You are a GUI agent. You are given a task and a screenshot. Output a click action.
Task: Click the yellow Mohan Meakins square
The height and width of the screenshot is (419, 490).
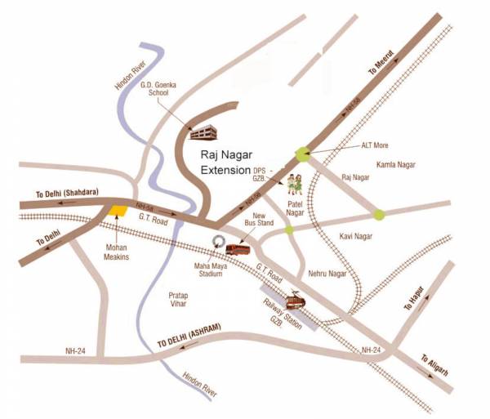point(119,211)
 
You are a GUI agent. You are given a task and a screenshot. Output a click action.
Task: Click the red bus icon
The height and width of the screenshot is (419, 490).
point(238,247)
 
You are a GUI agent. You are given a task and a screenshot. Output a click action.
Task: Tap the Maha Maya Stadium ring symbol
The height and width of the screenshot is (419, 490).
point(218,240)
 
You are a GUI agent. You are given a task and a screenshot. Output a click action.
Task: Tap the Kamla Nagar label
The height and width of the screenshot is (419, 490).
point(395,165)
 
